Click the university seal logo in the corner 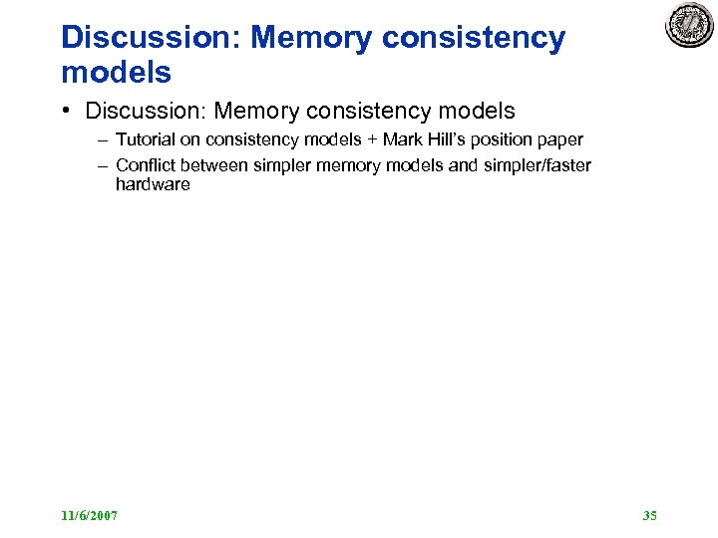(x=690, y=26)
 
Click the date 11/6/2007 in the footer (x=89, y=515)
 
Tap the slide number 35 (x=650, y=515)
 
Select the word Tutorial (x=146, y=139)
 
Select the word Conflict (x=146, y=165)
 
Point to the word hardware (x=153, y=184)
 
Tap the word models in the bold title (x=116, y=72)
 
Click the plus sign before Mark (x=371, y=139)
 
